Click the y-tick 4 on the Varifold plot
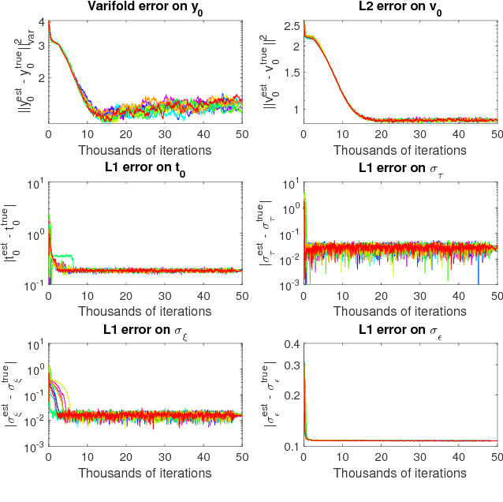(39, 22)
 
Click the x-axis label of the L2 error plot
(401, 150)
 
